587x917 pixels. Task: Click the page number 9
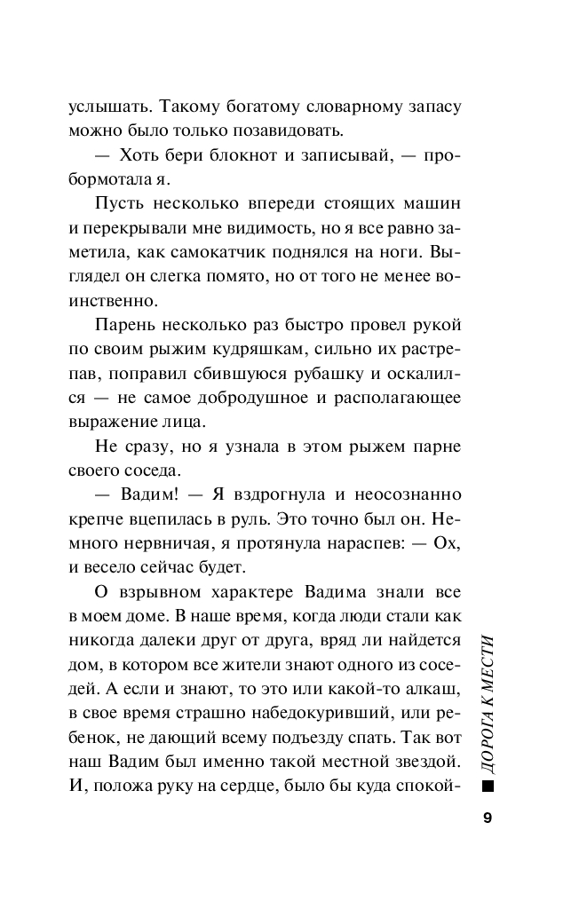click(488, 818)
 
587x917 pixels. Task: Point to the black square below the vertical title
click(488, 787)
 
